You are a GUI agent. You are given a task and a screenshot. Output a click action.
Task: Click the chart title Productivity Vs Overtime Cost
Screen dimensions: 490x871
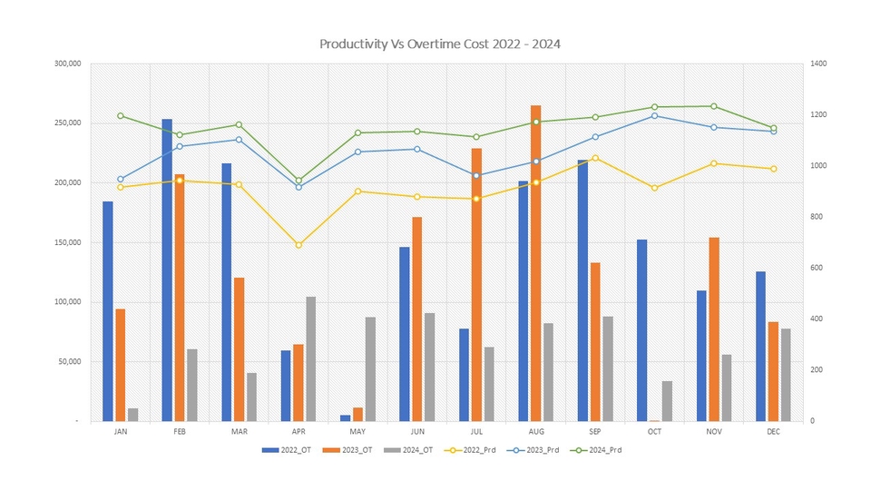click(435, 44)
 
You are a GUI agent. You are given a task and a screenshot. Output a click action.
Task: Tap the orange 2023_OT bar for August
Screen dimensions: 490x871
click(535, 263)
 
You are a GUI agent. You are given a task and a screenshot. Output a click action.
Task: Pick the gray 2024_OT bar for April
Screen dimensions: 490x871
click(311, 358)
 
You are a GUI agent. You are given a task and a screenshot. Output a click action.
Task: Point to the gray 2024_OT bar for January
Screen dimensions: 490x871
click(133, 415)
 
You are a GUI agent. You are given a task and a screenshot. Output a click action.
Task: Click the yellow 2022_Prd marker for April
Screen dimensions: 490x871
click(298, 245)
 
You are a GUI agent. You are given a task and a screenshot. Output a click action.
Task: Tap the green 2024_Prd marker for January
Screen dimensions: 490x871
click(121, 116)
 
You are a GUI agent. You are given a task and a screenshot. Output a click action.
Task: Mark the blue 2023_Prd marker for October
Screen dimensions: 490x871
click(654, 115)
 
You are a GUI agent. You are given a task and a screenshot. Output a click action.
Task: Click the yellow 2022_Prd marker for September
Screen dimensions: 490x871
click(595, 158)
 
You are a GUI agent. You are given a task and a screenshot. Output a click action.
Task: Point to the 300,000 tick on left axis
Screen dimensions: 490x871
click(68, 64)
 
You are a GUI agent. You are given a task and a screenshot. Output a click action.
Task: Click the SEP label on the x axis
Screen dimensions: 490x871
click(595, 433)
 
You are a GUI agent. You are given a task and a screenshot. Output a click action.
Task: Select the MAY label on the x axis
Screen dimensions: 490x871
click(357, 433)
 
